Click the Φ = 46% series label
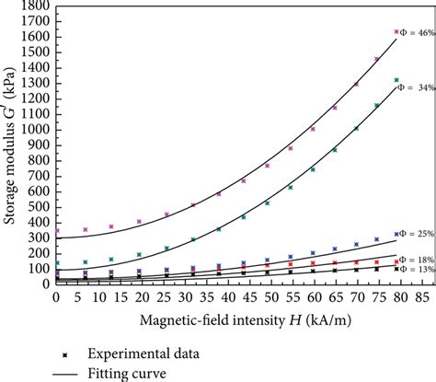pyautogui.click(x=413, y=32)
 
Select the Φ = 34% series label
pyautogui.click(x=415, y=87)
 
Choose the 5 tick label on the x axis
pyautogui.click(x=78, y=298)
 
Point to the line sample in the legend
pyautogui.click(x=64, y=374)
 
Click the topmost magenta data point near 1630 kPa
pyautogui.click(x=396, y=32)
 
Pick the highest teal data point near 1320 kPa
pyautogui.click(x=396, y=81)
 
